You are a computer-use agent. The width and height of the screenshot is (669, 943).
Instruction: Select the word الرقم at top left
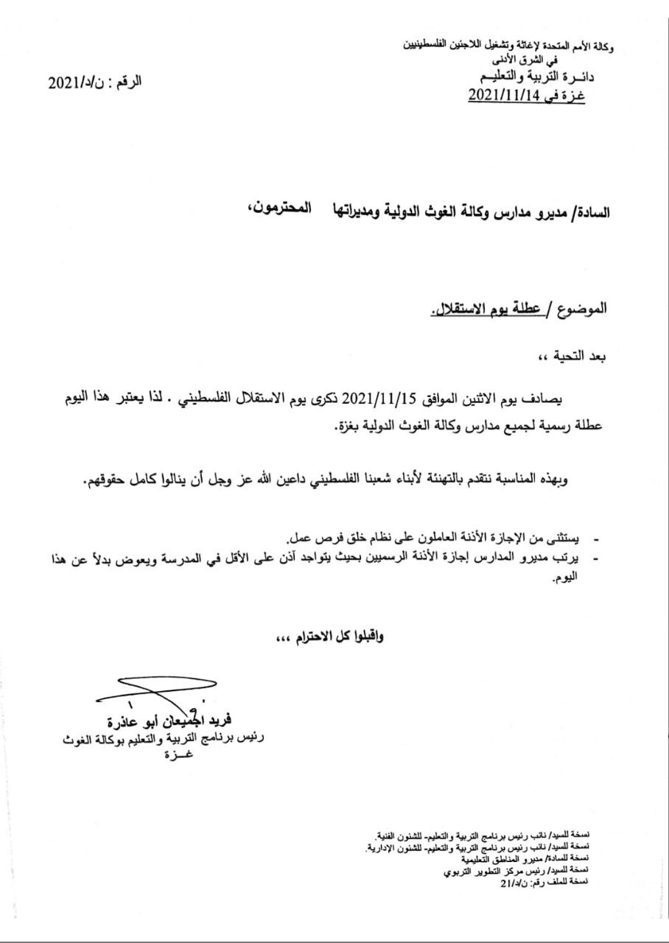125,81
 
